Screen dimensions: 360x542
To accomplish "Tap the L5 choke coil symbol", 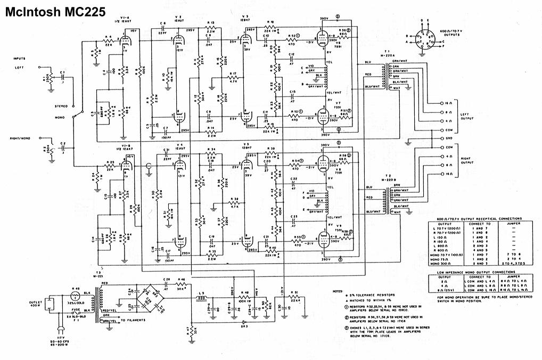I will coord(201,298).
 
